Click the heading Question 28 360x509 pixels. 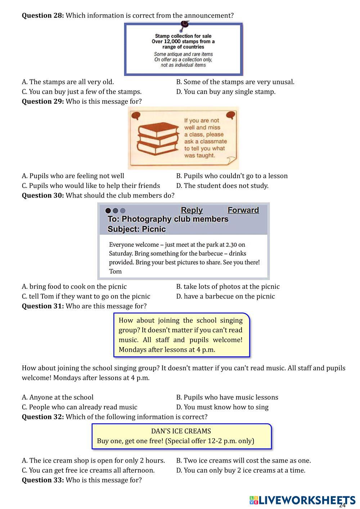click(x=43, y=15)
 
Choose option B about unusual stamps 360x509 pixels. click(x=235, y=82)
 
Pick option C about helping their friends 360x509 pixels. click(x=91, y=186)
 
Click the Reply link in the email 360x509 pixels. click(x=192, y=210)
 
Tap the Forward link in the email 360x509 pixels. click(x=243, y=210)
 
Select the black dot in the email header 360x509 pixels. click(x=108, y=211)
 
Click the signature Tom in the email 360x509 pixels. click(x=115, y=271)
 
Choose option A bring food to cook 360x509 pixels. click(x=74, y=287)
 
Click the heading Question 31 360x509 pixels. click(x=43, y=306)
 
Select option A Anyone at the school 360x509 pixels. click(x=58, y=397)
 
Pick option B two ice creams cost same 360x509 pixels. click(x=243, y=460)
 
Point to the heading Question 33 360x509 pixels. click(x=43, y=480)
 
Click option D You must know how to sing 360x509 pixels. click(x=222, y=407)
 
